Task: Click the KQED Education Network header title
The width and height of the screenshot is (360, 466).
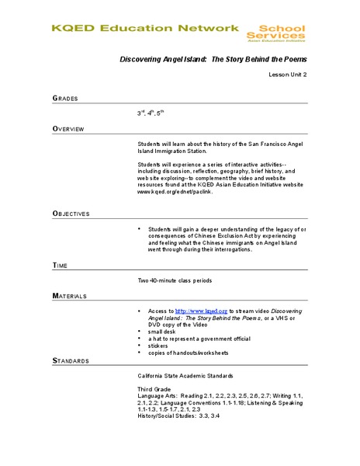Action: pos(145,28)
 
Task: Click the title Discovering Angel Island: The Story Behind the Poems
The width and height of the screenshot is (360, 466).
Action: pos(213,59)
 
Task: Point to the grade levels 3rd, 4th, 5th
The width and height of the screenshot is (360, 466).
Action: pos(151,113)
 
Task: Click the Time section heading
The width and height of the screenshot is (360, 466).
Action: pos(61,266)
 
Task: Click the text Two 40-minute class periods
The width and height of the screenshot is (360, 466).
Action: pos(175,280)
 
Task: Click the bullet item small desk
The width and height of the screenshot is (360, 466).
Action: pos(164,332)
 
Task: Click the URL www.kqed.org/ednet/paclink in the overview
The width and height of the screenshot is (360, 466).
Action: pos(176,191)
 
